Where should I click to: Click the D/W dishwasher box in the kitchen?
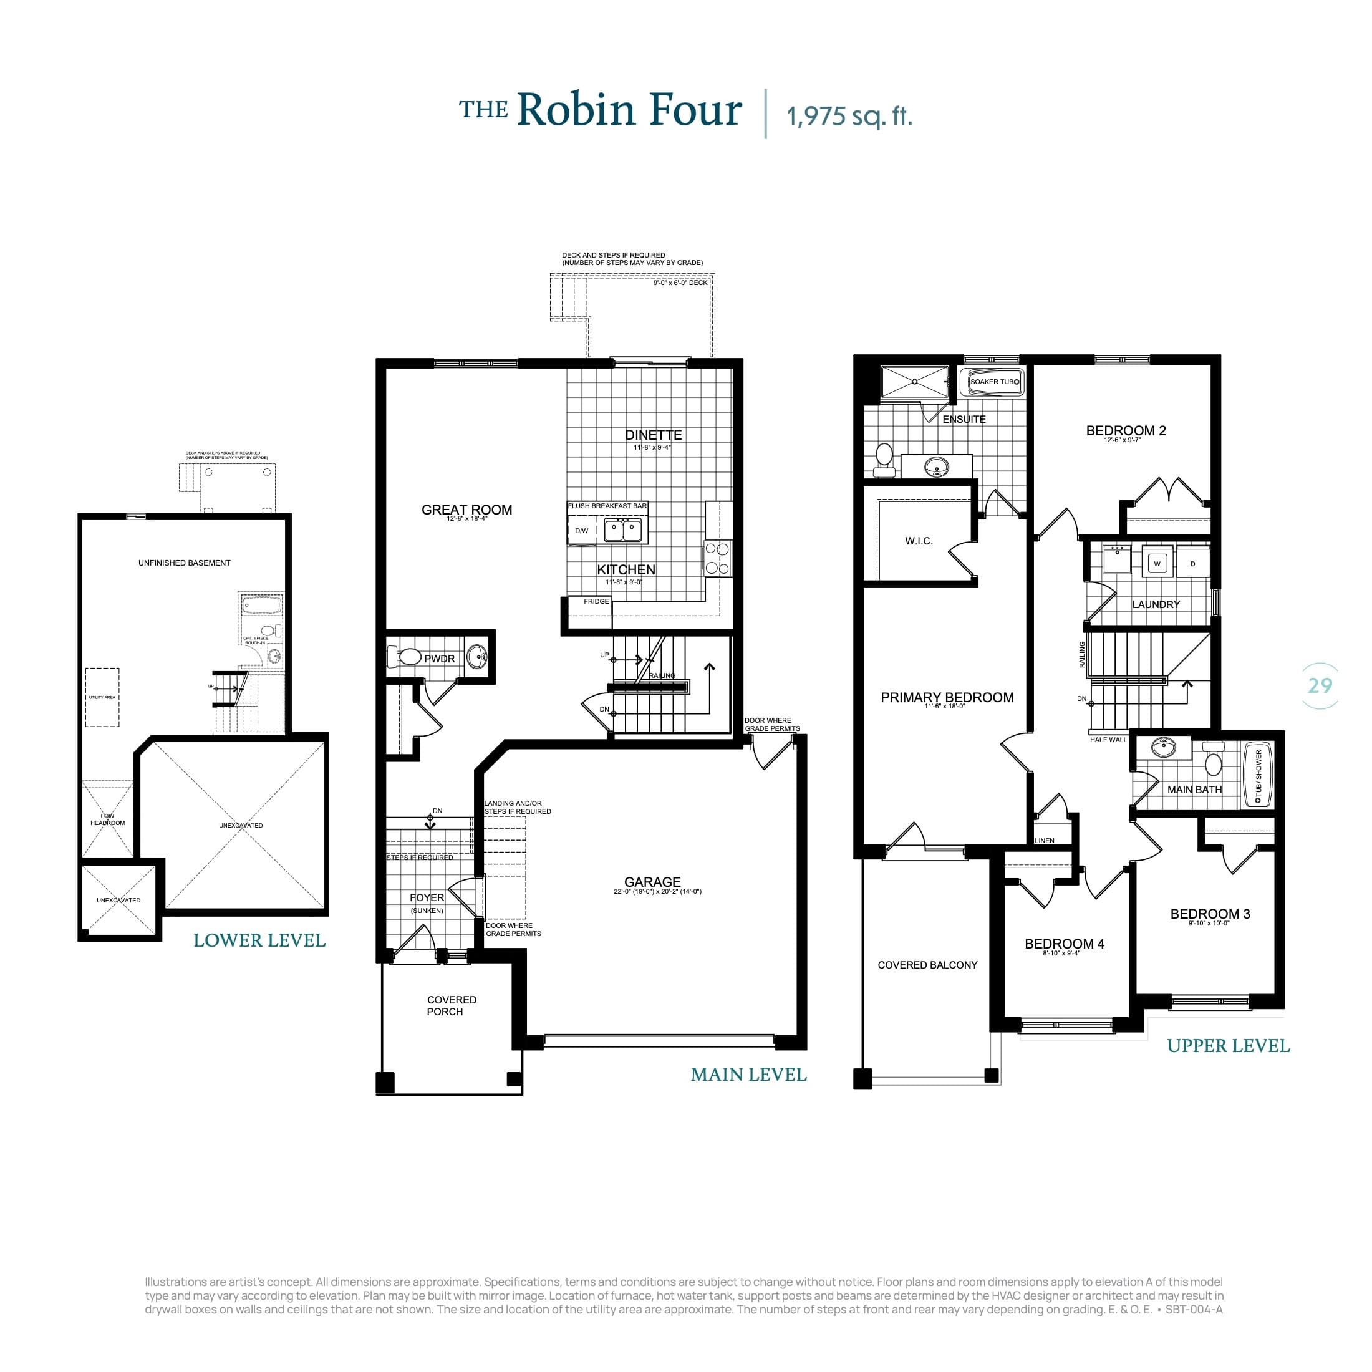[x=582, y=531]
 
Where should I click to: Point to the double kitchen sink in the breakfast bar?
[x=623, y=529]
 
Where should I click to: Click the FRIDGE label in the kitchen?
[x=596, y=601]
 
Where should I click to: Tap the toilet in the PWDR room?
[x=408, y=657]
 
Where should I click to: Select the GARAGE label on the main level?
[x=652, y=882]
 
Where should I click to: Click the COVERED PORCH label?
[x=451, y=1005]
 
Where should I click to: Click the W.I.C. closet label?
[x=918, y=541]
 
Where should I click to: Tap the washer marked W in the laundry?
[x=1157, y=563]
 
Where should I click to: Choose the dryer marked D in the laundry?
[x=1192, y=564]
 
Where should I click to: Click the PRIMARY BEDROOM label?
[x=947, y=697]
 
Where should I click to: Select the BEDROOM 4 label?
[x=1064, y=944]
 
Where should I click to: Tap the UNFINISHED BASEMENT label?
[x=184, y=563]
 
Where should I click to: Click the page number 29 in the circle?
[x=1320, y=685]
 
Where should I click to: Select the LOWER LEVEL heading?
[x=259, y=941]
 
